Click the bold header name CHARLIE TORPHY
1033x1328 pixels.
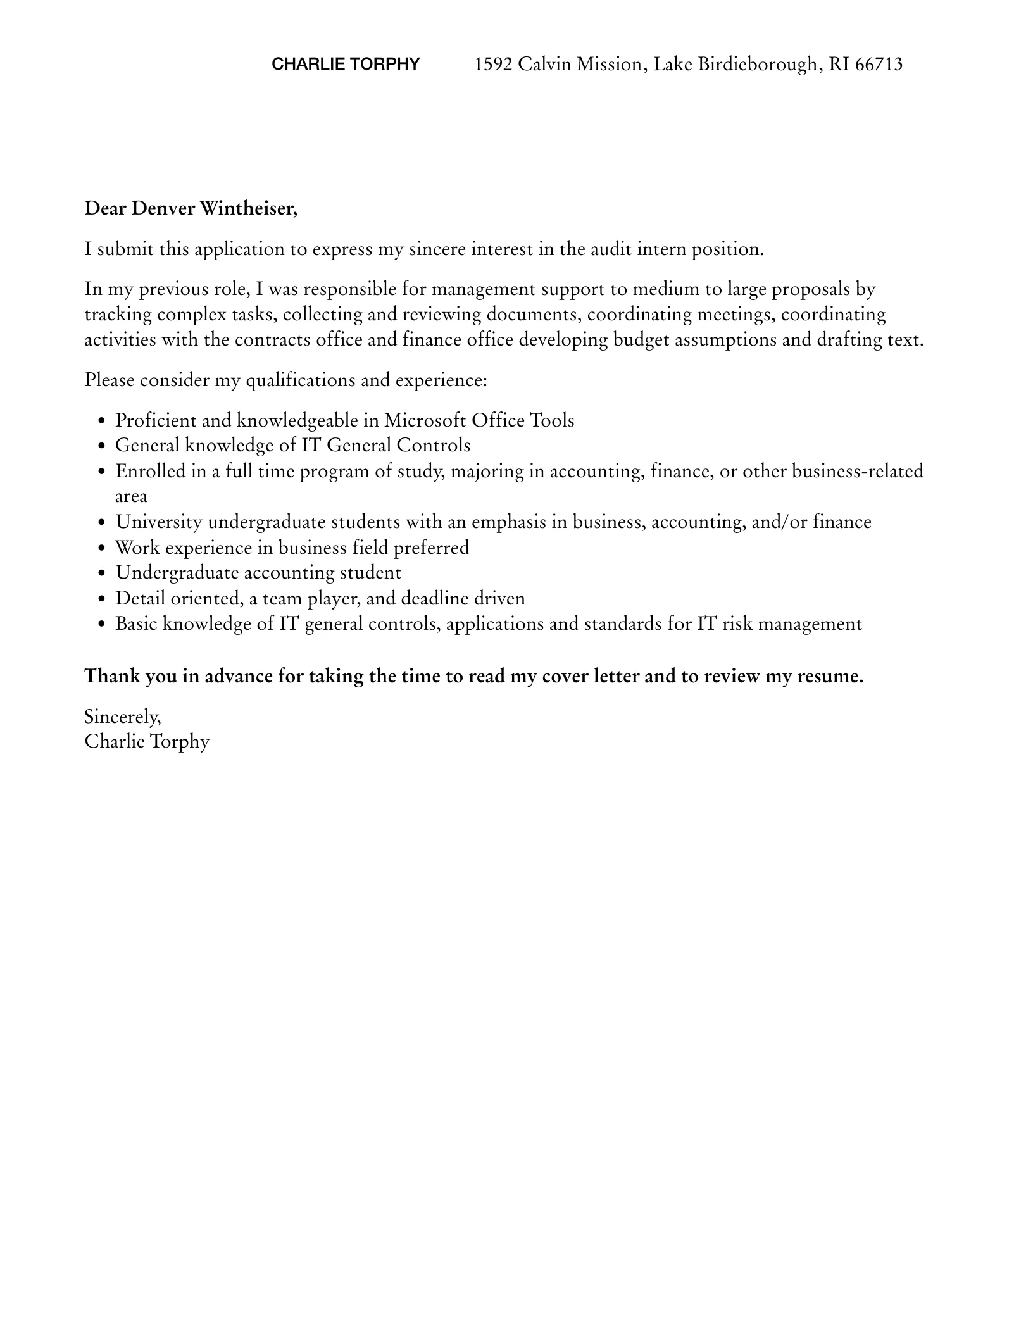pyautogui.click(x=346, y=64)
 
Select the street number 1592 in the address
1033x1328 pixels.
pyautogui.click(x=493, y=64)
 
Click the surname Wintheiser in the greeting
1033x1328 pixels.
pyautogui.click(x=247, y=208)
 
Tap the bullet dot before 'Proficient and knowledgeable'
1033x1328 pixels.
pyautogui.click(x=102, y=422)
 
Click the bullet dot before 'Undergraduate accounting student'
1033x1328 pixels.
pyautogui.click(x=102, y=573)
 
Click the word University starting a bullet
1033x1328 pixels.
pyautogui.click(x=159, y=522)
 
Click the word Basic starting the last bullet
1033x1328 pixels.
pyautogui.click(x=136, y=624)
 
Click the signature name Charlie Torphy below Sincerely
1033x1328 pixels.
pyautogui.click(x=147, y=741)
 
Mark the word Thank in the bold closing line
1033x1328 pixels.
pyautogui.click(x=112, y=676)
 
